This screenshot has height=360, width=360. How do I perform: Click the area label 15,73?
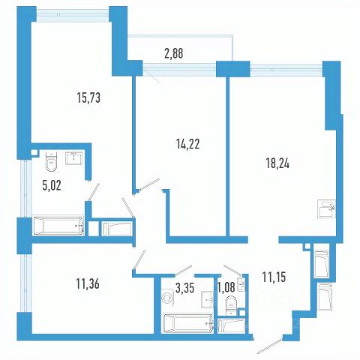pos(88,97)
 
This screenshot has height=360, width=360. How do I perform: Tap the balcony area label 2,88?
pos(174,53)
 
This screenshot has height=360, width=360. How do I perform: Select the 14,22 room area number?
pos(188,144)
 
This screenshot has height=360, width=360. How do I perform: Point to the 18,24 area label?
pos(277,163)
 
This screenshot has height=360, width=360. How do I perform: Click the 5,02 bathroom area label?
pos(52,186)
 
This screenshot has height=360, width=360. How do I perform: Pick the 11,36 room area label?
pos(88,284)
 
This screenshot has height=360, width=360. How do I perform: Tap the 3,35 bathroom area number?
pos(184,288)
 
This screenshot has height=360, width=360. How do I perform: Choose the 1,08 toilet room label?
pos(226,288)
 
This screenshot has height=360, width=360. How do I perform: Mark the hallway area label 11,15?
pos(274,277)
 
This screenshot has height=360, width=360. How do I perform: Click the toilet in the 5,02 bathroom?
pos(52,161)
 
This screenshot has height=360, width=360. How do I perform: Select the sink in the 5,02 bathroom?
pos(73,158)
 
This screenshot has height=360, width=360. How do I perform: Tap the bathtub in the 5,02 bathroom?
pos(58,226)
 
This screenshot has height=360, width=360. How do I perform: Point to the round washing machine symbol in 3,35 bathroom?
pos(166,298)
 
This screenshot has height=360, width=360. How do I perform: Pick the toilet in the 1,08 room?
pos(231,304)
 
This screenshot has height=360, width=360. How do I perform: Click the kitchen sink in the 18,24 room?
pos(327,209)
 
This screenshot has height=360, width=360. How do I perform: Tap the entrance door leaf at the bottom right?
pos(270,346)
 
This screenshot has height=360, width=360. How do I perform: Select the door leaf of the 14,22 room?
pos(149,184)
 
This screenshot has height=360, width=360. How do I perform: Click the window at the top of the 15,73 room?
pos(73,15)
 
